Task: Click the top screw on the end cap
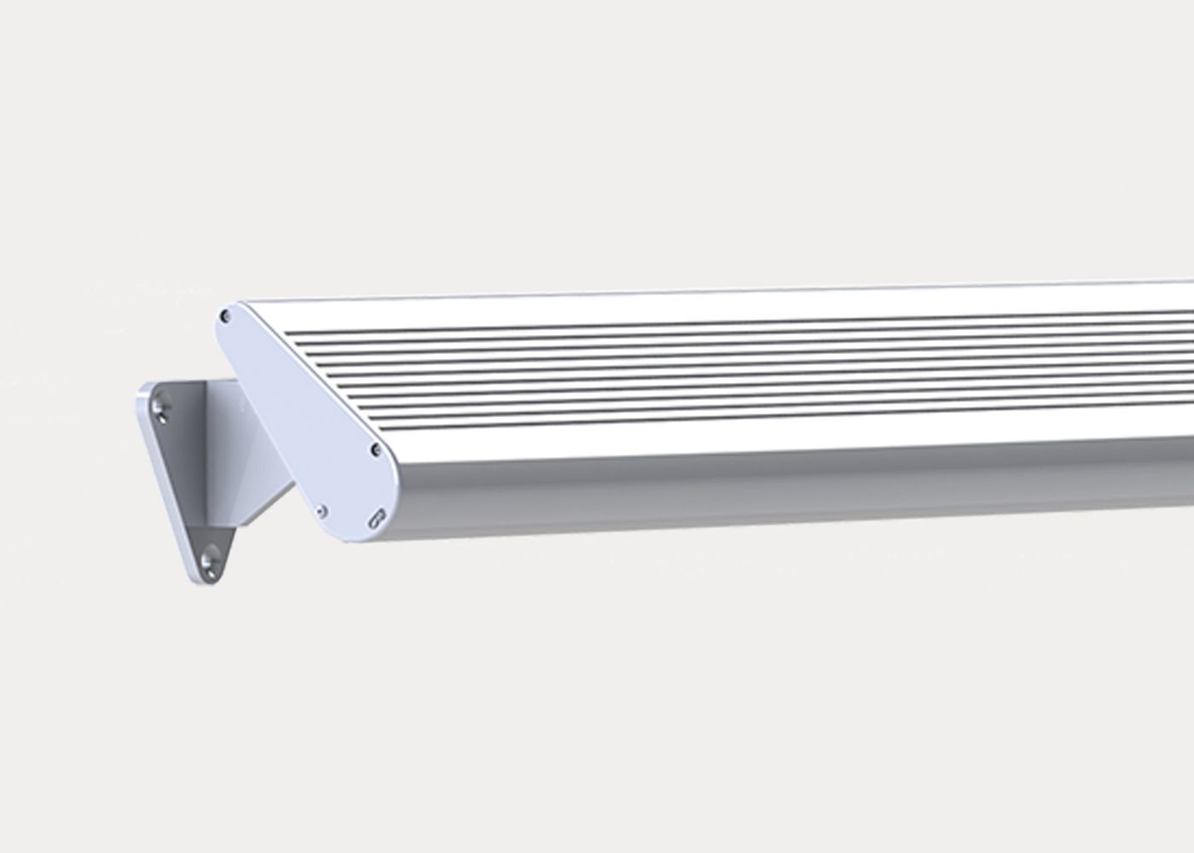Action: pyautogui.click(x=226, y=316)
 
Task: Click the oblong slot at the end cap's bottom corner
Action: pyautogui.click(x=376, y=518)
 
